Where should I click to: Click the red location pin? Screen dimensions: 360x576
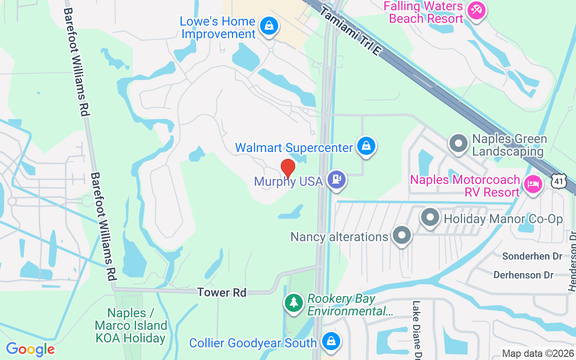pyautogui.click(x=288, y=168)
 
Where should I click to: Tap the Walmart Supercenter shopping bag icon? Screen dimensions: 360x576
pyautogui.click(x=366, y=146)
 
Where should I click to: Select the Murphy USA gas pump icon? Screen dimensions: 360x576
pyautogui.click(x=336, y=180)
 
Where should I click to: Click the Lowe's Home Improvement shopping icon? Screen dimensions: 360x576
pyautogui.click(x=269, y=26)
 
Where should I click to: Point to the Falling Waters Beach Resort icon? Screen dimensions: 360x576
pyautogui.click(x=476, y=10)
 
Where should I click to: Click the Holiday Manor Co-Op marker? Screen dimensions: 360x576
pyautogui.click(x=430, y=218)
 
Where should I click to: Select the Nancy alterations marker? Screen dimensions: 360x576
pyautogui.click(x=401, y=235)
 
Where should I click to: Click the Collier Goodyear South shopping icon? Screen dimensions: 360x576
pyautogui.click(x=331, y=342)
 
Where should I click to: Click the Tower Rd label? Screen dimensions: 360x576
pyautogui.click(x=222, y=292)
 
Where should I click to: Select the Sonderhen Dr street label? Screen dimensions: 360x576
pyautogui.click(x=532, y=256)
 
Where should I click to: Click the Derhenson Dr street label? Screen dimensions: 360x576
pyautogui.click(x=524, y=274)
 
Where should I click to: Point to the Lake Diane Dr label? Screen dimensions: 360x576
pyautogui.click(x=417, y=331)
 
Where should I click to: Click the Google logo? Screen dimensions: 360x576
pyautogui.click(x=30, y=349)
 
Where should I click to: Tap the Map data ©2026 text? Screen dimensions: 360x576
pyautogui.click(x=538, y=354)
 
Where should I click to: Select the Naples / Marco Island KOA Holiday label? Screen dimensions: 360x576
pyautogui.click(x=131, y=325)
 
